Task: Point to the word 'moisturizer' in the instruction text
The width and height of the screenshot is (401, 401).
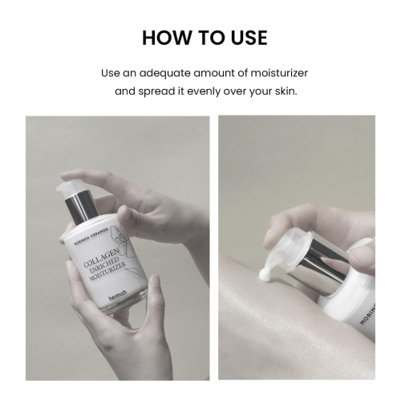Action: click(x=273, y=73)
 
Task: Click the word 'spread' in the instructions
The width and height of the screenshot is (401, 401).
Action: click(x=164, y=91)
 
